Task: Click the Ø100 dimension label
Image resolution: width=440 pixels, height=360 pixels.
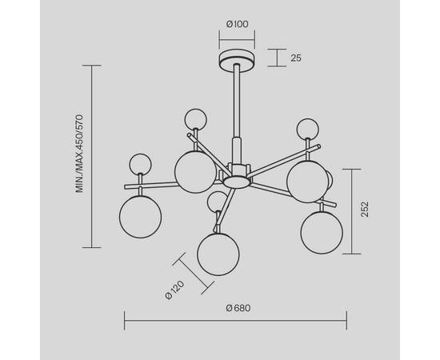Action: click(x=237, y=25)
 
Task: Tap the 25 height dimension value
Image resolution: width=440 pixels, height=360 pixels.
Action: click(x=296, y=58)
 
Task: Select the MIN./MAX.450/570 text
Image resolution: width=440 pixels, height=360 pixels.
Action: click(x=80, y=154)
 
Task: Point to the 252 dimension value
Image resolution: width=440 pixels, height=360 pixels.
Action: click(x=365, y=209)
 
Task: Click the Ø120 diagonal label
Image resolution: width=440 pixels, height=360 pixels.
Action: click(x=175, y=290)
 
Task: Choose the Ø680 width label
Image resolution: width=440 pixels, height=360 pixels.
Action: click(x=238, y=308)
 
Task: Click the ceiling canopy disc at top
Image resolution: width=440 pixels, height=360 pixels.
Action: click(x=237, y=59)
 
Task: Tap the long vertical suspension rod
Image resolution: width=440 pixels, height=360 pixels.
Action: click(x=237, y=101)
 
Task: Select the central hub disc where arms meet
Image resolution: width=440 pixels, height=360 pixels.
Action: click(x=237, y=182)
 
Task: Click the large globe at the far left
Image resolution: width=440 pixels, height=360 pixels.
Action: click(x=140, y=217)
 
